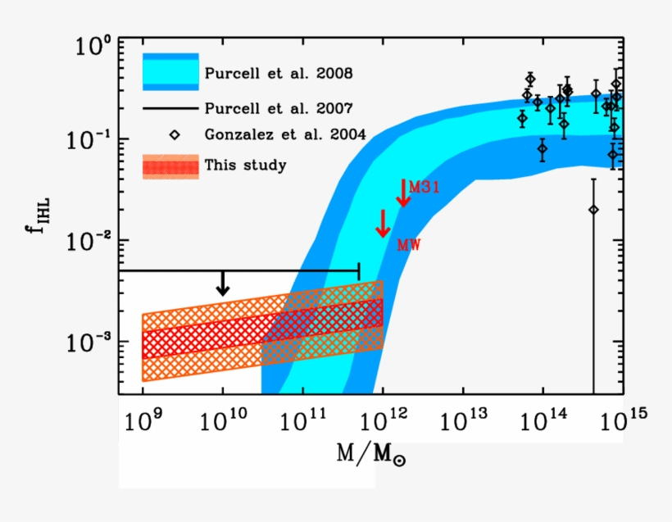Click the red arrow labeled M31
tap(402, 193)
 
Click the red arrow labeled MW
tap(383, 223)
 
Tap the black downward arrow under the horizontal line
tap(223, 283)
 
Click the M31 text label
tap(425, 187)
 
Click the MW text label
tap(408, 244)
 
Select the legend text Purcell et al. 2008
tap(279, 73)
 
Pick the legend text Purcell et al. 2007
tap(279, 108)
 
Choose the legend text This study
tap(246, 166)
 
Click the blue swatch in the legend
tap(170, 72)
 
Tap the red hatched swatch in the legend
tap(170, 166)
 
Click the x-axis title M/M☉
tap(371, 453)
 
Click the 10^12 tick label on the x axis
tap(383, 422)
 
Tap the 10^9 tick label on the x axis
tap(143, 422)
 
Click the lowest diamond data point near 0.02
tap(593, 210)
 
